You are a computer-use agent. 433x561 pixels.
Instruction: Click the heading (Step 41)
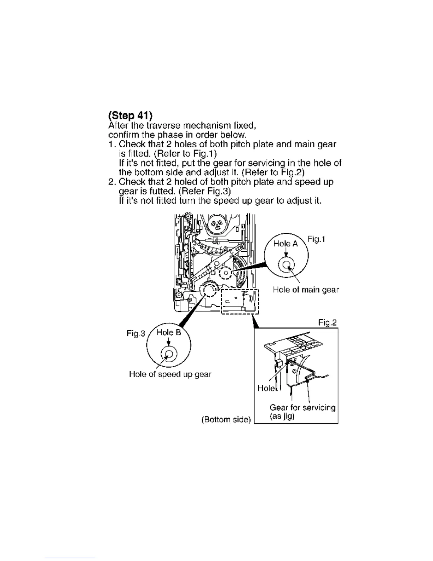[130, 115]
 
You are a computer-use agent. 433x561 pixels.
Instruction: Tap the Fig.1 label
[316, 239]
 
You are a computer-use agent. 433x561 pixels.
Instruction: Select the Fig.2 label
[327, 323]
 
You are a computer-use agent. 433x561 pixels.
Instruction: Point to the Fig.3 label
[136, 333]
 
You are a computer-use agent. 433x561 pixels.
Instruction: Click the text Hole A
[286, 244]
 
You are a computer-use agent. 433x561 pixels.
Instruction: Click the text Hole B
[169, 333]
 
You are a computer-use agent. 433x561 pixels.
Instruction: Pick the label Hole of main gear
[306, 290]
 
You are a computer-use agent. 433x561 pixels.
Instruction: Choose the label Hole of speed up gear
[170, 374]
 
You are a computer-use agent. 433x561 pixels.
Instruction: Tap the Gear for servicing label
[302, 408]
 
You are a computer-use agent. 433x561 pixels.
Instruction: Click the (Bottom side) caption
[226, 420]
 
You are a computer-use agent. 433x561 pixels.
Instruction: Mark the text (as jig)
[282, 416]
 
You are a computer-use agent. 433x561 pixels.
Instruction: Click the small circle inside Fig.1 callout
[286, 265]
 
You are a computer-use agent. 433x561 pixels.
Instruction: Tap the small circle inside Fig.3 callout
[169, 354]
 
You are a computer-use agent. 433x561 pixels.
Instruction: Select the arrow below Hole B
[169, 342]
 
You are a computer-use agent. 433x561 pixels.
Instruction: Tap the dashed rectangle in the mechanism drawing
[240, 301]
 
